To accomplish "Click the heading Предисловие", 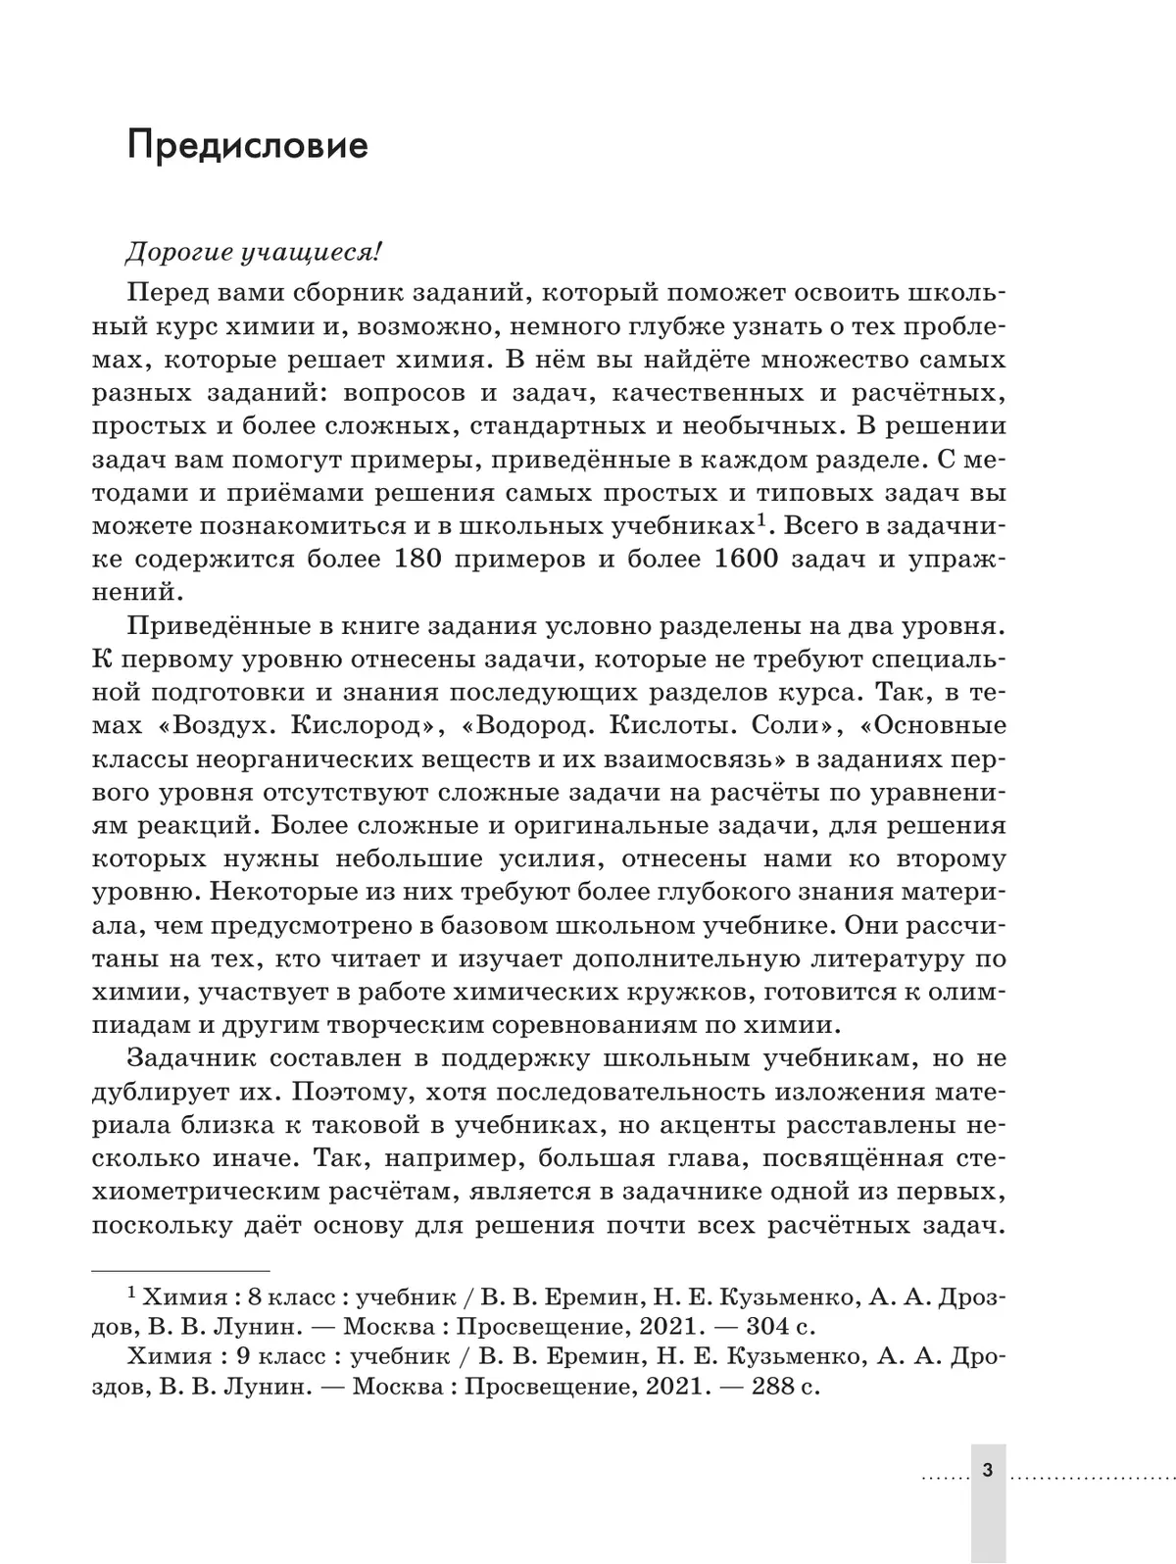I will (248, 145).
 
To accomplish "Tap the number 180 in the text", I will (425, 560).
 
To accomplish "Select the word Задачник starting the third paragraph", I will (192, 1059).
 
